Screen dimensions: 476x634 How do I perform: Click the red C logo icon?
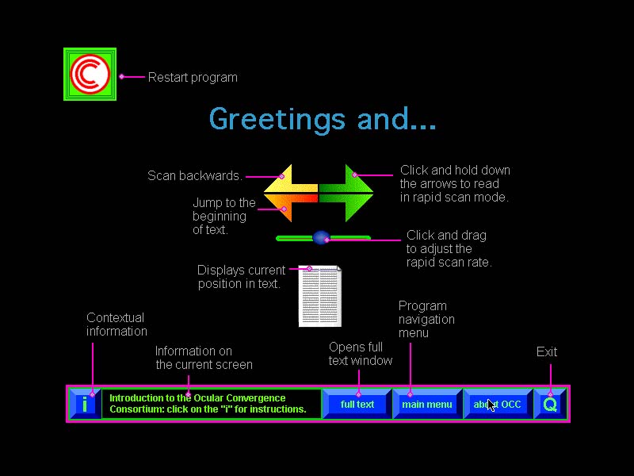(x=90, y=74)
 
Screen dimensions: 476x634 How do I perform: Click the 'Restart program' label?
(x=193, y=77)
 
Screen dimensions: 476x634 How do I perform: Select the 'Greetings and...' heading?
(x=323, y=119)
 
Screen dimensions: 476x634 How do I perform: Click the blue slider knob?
(x=321, y=237)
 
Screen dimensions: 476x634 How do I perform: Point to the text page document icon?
(x=320, y=297)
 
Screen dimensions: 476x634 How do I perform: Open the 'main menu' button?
(x=426, y=405)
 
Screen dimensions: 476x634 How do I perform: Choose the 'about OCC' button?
(x=498, y=405)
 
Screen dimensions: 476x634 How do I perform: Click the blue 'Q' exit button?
(x=550, y=405)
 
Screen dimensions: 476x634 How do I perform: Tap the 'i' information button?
(x=84, y=405)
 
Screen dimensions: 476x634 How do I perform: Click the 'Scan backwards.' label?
(x=195, y=175)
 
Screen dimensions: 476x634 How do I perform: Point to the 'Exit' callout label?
(x=547, y=351)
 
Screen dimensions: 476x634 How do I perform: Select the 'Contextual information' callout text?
(x=116, y=324)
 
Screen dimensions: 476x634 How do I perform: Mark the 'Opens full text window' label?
(x=361, y=354)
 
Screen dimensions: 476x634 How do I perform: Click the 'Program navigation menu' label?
(x=426, y=319)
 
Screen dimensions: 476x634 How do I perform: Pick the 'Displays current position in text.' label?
(x=241, y=276)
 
